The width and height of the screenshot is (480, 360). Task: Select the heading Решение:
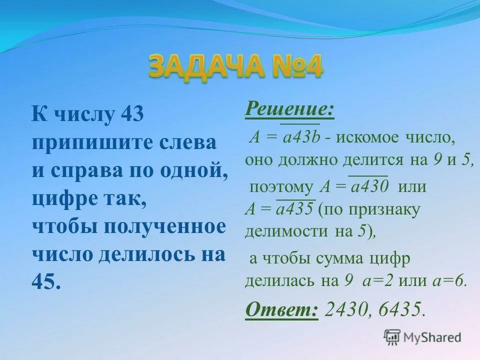[x=289, y=108]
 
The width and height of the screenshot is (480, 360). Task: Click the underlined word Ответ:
[x=281, y=309]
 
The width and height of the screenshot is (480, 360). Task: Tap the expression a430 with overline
[x=370, y=187]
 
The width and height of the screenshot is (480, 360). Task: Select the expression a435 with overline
[x=294, y=209]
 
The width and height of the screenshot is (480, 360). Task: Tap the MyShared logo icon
[x=392, y=336]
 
